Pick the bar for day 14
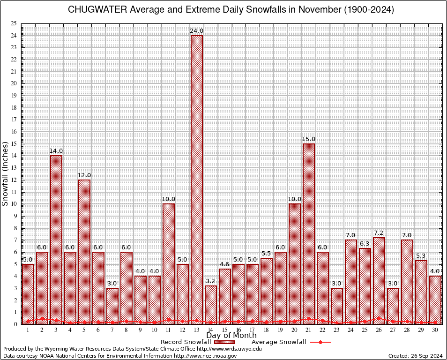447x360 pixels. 210,305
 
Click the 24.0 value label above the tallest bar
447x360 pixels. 196,31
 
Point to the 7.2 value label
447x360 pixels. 379,233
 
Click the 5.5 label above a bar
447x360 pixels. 267,254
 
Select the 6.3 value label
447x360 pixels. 365,244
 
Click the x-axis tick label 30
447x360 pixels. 435,330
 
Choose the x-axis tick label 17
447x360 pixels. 253,330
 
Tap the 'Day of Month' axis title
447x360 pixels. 231,336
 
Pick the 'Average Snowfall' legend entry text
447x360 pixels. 278,342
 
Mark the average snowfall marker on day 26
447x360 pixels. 379,318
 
